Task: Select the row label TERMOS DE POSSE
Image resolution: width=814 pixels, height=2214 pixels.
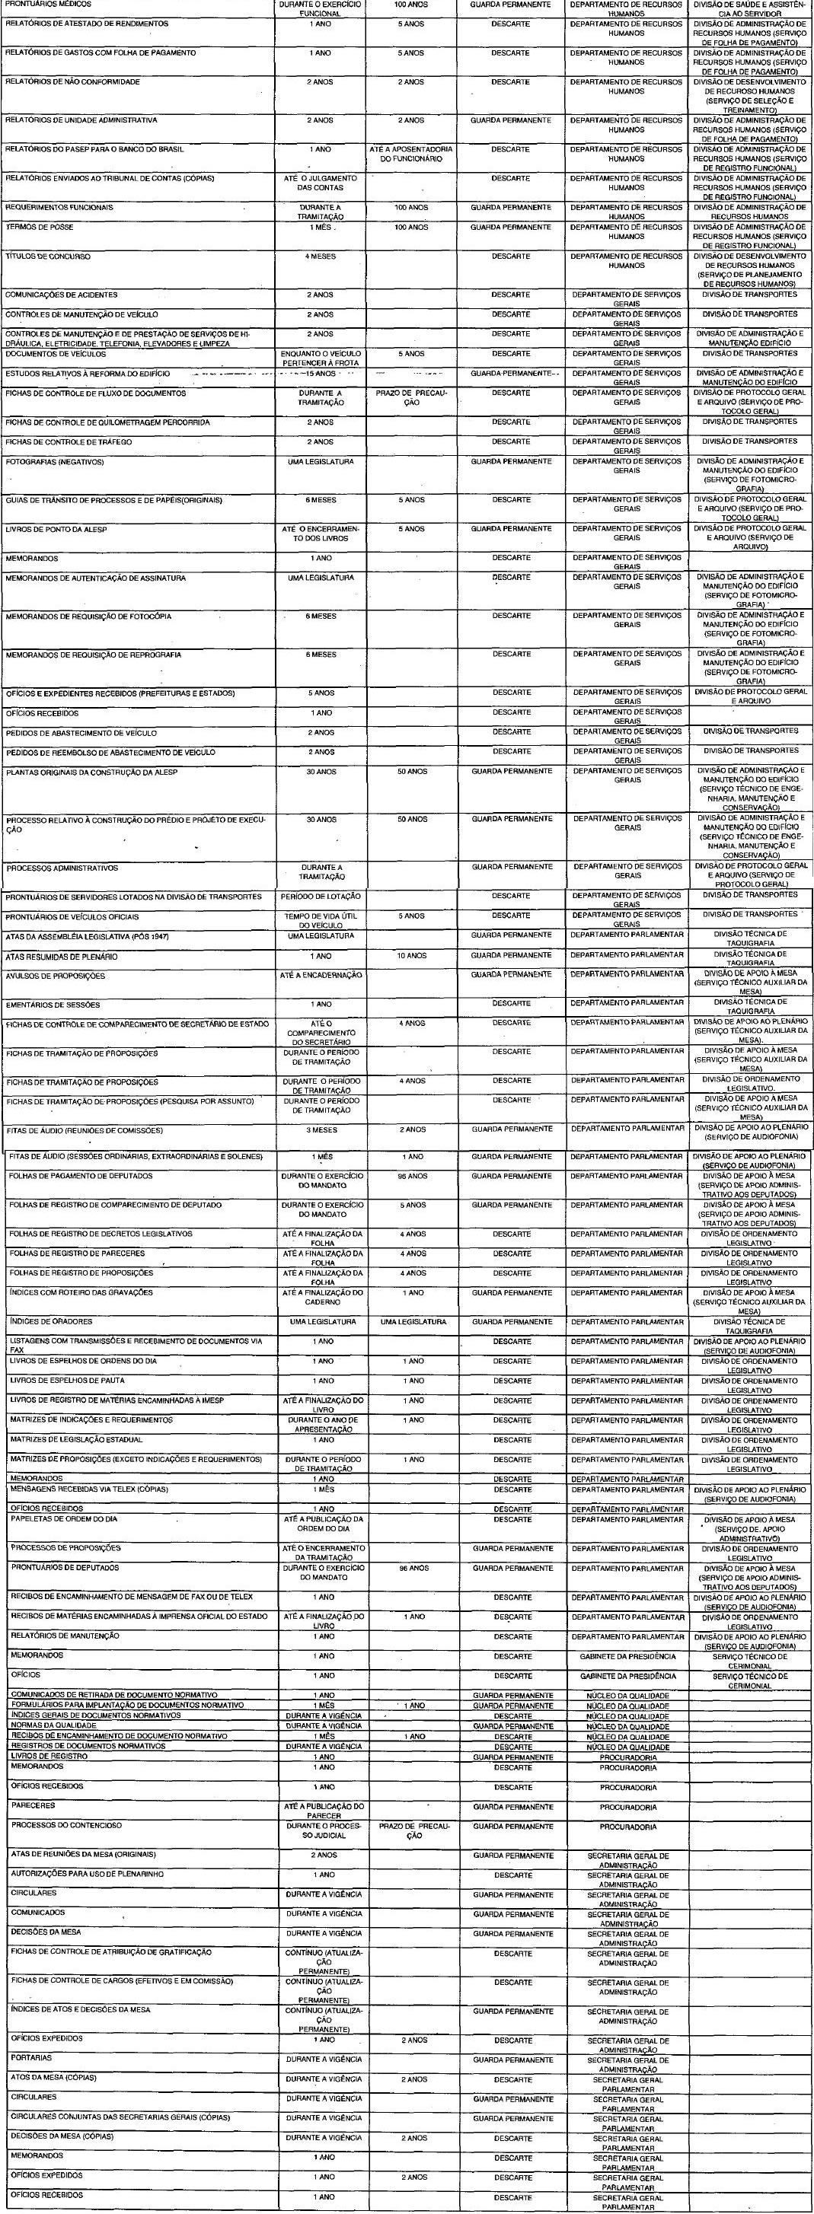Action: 40,228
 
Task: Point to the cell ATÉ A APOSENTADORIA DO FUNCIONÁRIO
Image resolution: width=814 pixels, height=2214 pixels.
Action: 411,154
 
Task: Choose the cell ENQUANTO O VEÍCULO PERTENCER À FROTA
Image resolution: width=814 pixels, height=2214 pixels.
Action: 321,358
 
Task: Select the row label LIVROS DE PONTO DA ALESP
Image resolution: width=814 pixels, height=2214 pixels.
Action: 57,530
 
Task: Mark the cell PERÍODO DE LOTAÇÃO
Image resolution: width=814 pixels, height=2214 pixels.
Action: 321,897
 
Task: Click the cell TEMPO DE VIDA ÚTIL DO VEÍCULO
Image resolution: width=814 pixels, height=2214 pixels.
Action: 321,920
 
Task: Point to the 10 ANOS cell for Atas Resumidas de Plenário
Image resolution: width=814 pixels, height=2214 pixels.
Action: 412,956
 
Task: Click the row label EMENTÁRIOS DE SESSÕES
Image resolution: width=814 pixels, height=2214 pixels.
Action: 53,1005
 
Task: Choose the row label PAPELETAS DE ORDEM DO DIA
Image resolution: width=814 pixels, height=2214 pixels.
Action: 65,1518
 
